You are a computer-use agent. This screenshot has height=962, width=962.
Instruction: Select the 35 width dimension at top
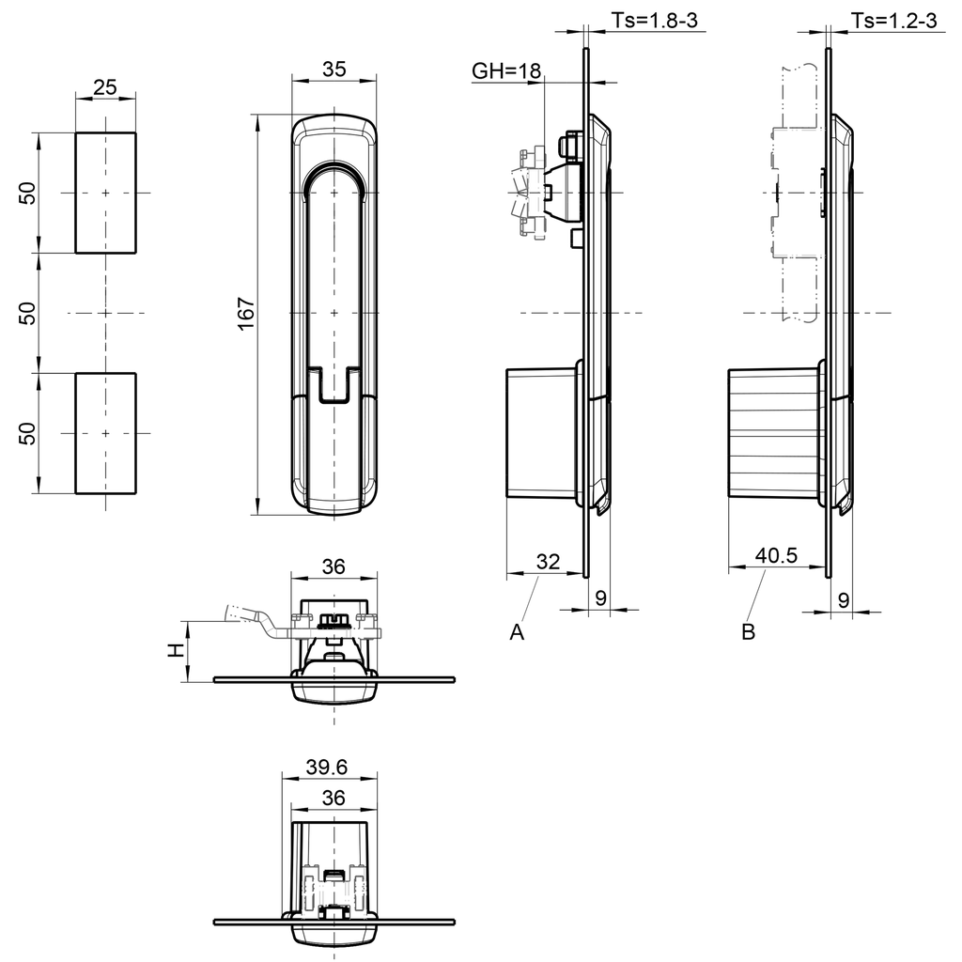click(x=334, y=69)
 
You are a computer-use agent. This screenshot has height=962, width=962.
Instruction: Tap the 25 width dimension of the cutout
click(x=105, y=87)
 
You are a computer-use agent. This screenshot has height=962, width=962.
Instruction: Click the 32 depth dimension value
click(x=548, y=561)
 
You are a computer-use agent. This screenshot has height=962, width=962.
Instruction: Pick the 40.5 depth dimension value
click(x=776, y=556)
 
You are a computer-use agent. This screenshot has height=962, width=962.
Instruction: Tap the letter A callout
click(x=516, y=633)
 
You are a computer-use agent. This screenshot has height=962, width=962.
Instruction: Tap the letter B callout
click(x=748, y=633)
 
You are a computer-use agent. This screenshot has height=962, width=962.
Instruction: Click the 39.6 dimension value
click(x=327, y=768)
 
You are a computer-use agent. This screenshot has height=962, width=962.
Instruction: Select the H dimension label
click(x=174, y=651)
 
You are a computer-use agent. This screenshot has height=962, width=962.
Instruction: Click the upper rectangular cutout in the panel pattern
click(x=105, y=193)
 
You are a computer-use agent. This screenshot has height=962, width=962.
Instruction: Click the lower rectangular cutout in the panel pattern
click(x=105, y=433)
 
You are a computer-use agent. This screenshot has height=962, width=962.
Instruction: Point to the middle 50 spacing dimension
click(x=29, y=313)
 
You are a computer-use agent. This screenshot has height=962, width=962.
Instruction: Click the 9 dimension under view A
click(x=598, y=597)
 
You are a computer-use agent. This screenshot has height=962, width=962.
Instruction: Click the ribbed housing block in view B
click(x=772, y=433)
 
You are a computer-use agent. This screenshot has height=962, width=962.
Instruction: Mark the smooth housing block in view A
click(x=540, y=433)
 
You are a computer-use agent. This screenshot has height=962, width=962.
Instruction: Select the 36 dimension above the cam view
click(x=334, y=566)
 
